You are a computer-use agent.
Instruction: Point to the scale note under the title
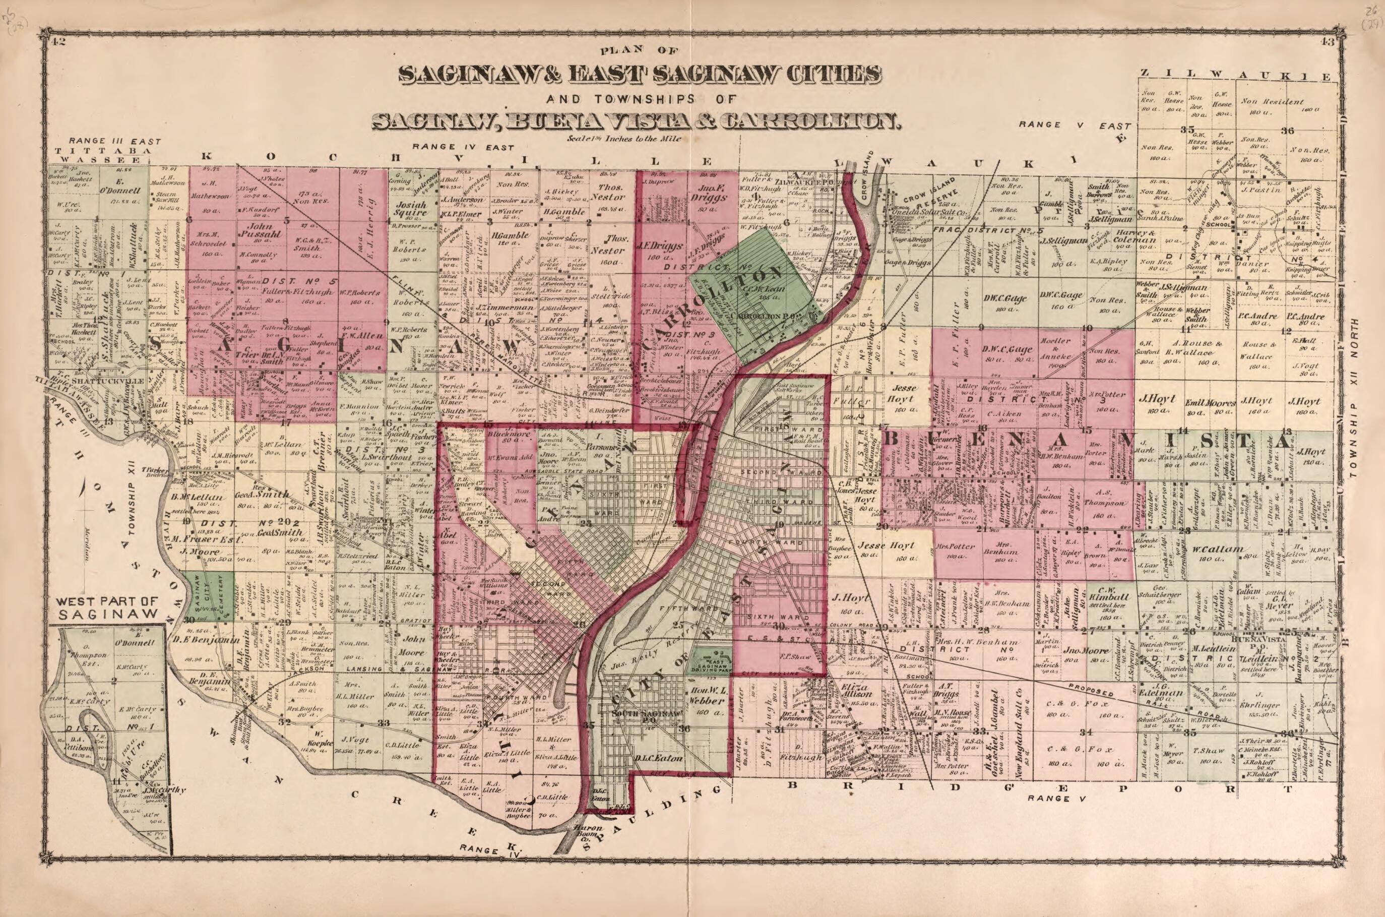pos(612,139)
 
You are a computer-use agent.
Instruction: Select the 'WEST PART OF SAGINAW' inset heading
pos(109,607)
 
